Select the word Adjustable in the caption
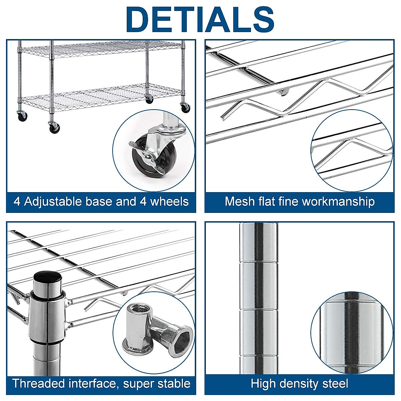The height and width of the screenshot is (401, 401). tap(53, 202)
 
